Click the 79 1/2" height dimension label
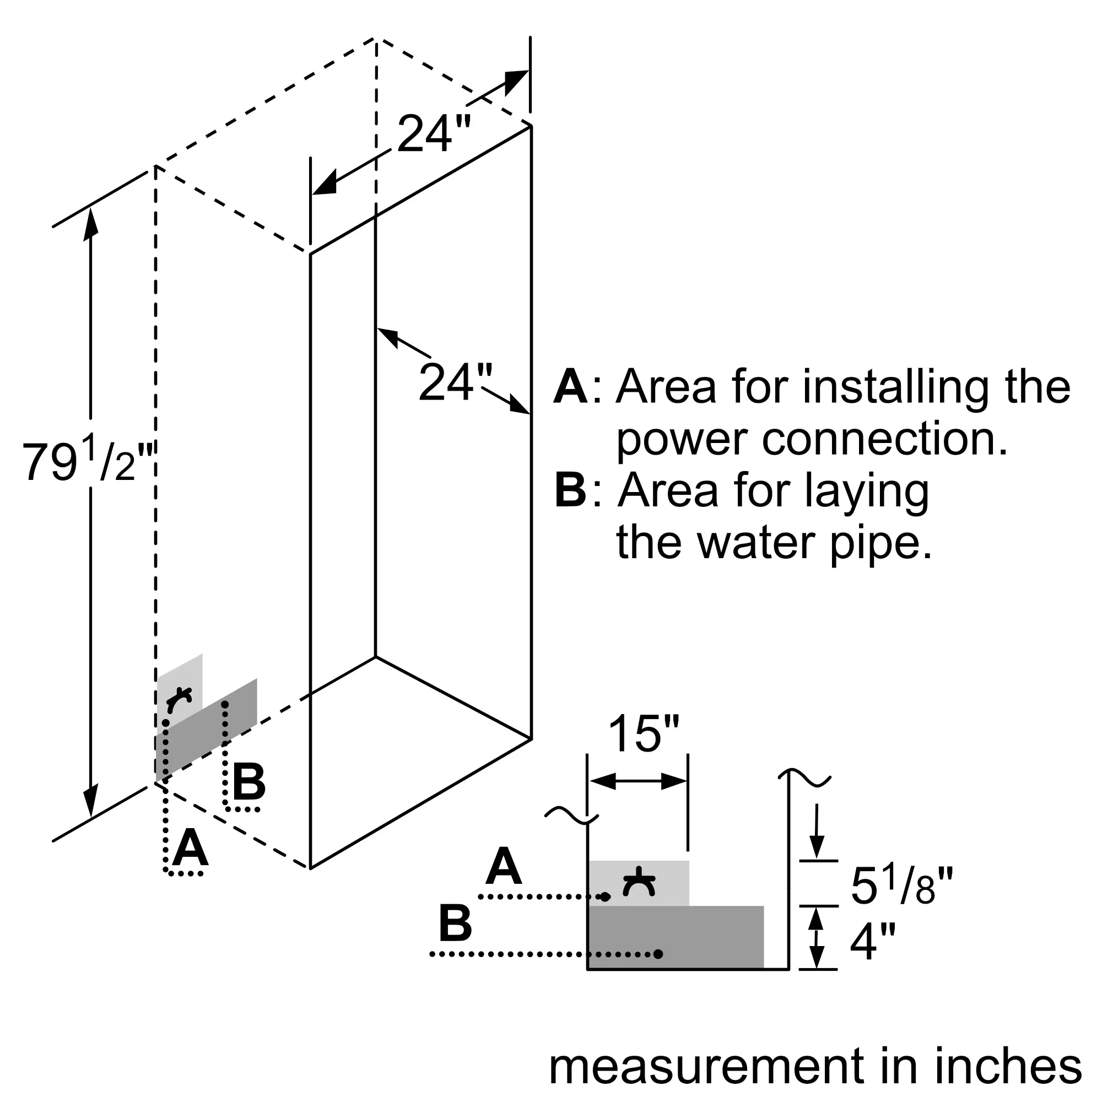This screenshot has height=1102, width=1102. pyautogui.click(x=88, y=460)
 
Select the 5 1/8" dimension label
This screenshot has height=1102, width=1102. pyautogui.click(x=902, y=886)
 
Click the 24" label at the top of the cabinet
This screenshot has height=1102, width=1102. pyautogui.click(x=434, y=133)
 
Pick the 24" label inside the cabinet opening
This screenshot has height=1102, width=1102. pyautogui.click(x=455, y=382)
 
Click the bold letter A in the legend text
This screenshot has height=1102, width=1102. pyautogui.click(x=570, y=387)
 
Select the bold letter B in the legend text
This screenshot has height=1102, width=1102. pyautogui.click(x=570, y=490)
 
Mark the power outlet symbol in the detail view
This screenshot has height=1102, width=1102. pyautogui.click(x=639, y=883)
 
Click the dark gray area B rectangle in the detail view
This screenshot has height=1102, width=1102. pyautogui.click(x=676, y=937)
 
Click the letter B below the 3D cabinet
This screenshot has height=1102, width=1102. pyautogui.click(x=249, y=781)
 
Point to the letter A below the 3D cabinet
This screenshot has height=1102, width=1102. pyautogui.click(x=190, y=848)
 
